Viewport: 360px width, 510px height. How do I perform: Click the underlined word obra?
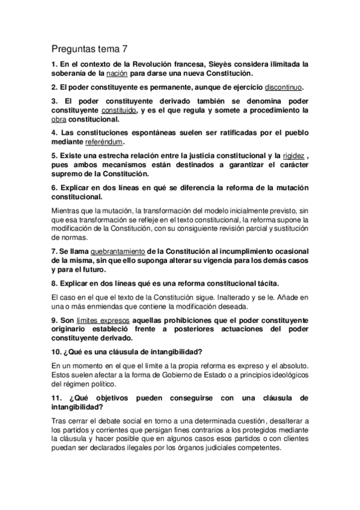[x=59, y=120]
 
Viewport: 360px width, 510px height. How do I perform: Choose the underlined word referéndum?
[x=103, y=143]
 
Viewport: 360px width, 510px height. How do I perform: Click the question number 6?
[x=54, y=188]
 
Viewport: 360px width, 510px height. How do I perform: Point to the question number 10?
[x=56, y=352]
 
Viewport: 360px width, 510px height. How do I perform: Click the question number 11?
[x=56, y=399]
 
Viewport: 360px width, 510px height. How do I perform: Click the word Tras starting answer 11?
[x=59, y=422]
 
